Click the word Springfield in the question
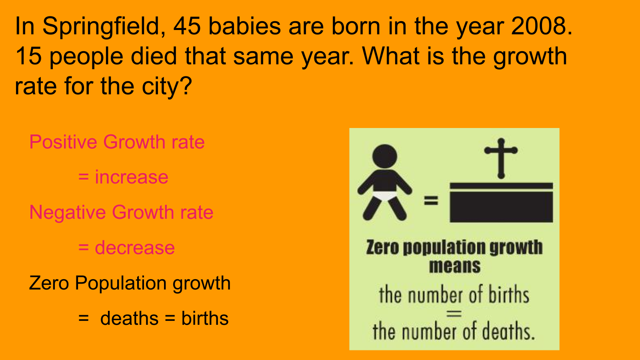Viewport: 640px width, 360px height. pyautogui.click(x=104, y=27)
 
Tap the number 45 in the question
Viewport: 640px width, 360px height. pyautogui.click(x=187, y=26)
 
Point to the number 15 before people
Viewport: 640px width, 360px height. pyautogui.click(x=28, y=56)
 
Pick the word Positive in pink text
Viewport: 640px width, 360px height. pyautogui.click(x=63, y=142)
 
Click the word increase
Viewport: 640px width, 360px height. pyautogui.click(x=132, y=177)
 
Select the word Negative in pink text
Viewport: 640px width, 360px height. pyautogui.click(x=68, y=212)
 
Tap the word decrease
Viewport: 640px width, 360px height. pyautogui.click(x=134, y=248)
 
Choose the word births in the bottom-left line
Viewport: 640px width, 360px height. pyautogui.click(x=205, y=318)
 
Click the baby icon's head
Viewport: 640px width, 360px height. pyautogui.click(x=384, y=156)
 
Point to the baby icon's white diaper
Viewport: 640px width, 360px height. pyautogui.click(x=384, y=196)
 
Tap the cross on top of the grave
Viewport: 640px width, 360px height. pyautogui.click(x=501, y=158)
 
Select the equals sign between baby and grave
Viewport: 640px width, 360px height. pyautogui.click(x=431, y=200)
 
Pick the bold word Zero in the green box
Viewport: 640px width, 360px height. pyautogui.click(x=382, y=247)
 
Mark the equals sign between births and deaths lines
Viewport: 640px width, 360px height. pyautogui.click(x=454, y=314)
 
